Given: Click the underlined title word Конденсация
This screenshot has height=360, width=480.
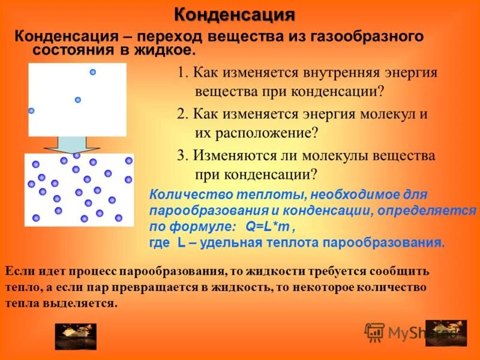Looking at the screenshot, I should (x=235, y=14).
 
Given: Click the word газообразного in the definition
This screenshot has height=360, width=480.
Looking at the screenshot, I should (x=366, y=36).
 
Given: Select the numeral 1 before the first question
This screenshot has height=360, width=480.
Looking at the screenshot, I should (x=181, y=73).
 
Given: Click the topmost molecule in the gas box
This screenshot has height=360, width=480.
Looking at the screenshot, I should (x=93, y=72).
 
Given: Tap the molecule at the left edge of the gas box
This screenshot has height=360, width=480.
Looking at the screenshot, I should (x=31, y=110).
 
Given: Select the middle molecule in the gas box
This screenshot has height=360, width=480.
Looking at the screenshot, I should (x=78, y=100).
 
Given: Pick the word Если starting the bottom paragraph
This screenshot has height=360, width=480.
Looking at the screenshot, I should (x=19, y=271).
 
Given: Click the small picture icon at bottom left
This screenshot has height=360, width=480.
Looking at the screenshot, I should (x=67, y=336).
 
